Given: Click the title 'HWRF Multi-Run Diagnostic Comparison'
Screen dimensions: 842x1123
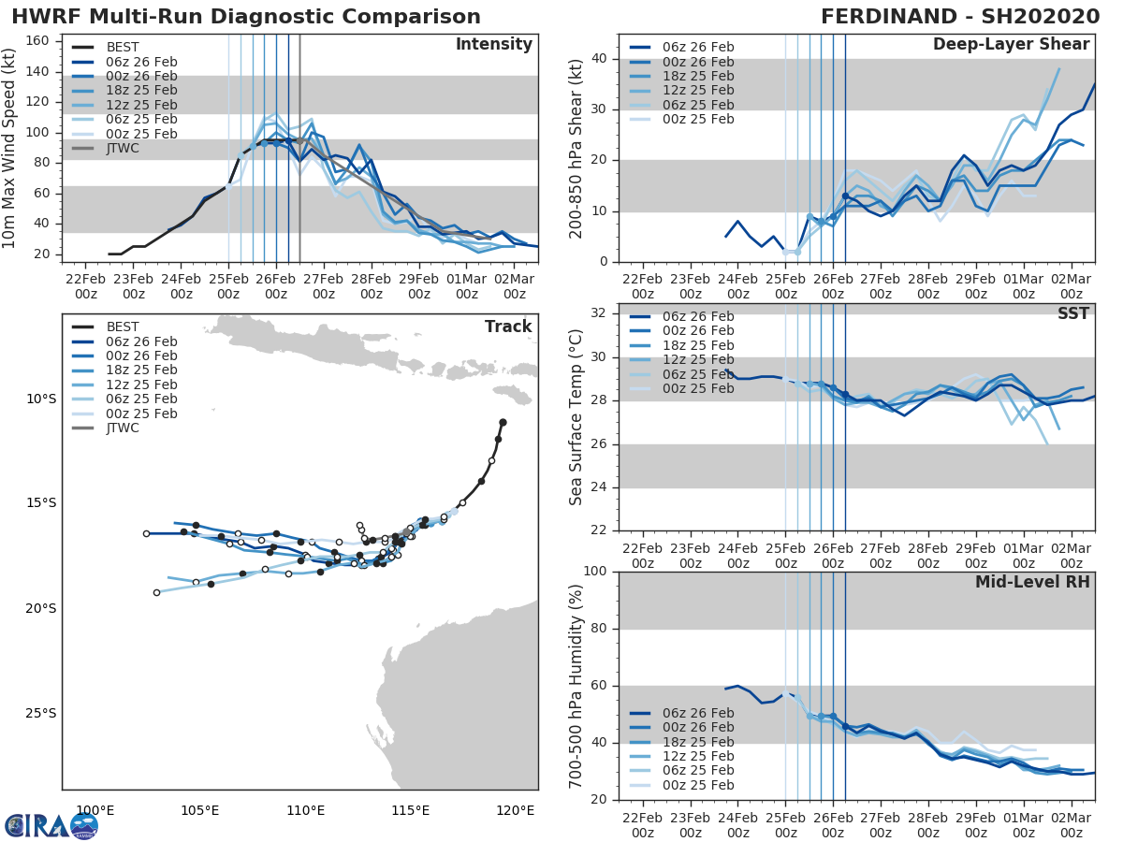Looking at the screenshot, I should coord(246,17).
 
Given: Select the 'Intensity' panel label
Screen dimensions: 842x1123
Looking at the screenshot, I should coord(493,45).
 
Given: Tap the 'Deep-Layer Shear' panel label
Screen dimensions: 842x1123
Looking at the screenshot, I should coord(1011,45).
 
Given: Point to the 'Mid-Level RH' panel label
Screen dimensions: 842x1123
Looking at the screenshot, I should coord(1032,582).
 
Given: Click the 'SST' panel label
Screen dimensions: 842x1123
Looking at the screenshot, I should coord(1073,313).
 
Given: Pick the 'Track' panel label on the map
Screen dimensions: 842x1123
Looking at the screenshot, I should coord(508,327).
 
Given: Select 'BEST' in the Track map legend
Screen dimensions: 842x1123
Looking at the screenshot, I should coord(123,327).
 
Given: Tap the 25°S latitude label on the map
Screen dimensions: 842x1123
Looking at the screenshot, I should coord(40,714).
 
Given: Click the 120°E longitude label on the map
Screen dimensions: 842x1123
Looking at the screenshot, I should coord(515,810).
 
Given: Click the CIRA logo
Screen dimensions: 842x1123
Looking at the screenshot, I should coord(51,825).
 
